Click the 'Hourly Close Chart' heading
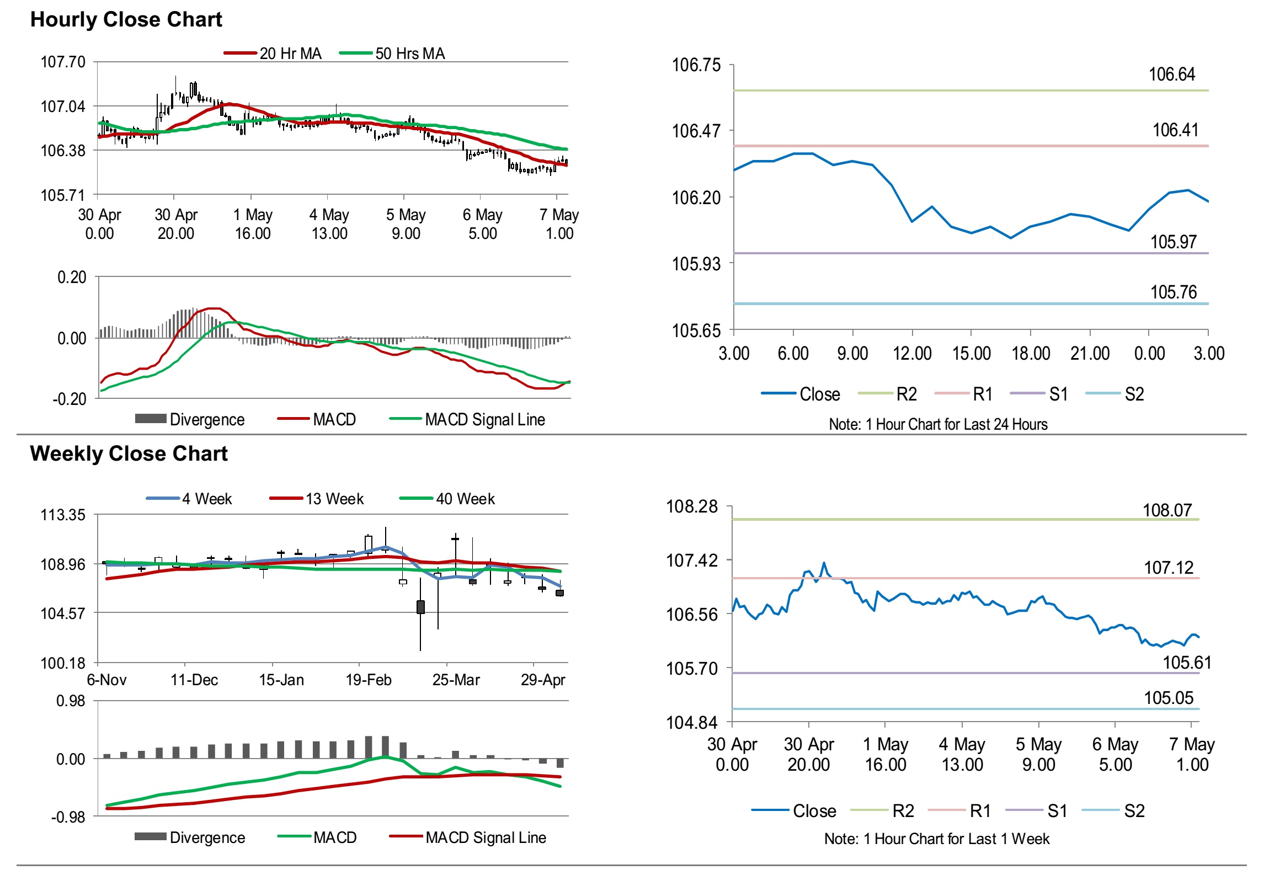click(x=126, y=20)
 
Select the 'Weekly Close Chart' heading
click(x=129, y=453)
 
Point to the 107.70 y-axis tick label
click(x=63, y=62)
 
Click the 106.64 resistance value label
click(x=1171, y=74)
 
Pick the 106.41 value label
click(x=1175, y=130)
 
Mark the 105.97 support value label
click(x=1173, y=242)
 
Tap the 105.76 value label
click(x=1173, y=292)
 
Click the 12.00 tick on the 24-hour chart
click(x=912, y=353)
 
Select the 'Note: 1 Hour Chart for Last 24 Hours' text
click(x=937, y=424)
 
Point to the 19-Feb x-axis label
click(x=369, y=680)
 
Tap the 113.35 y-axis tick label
click(x=63, y=515)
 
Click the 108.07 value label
click(x=1167, y=510)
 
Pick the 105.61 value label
click(x=1187, y=662)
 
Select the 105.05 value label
click(x=1169, y=698)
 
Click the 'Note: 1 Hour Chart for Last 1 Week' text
click(x=936, y=839)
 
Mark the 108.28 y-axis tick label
click(x=692, y=506)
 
